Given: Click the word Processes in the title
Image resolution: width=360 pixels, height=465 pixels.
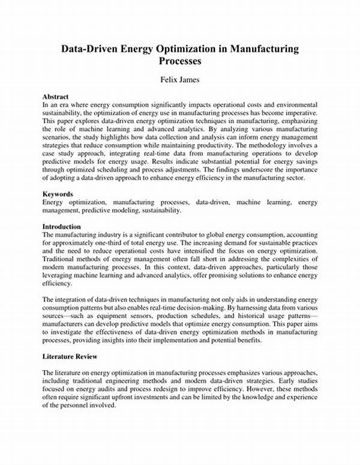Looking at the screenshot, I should point(180,61).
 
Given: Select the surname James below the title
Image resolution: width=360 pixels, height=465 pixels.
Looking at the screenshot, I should point(192,80).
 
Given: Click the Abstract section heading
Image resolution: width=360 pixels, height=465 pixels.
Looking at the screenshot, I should point(55,96).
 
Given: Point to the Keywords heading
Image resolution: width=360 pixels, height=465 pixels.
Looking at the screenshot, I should point(58,195).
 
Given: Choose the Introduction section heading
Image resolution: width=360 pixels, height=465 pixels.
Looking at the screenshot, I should point(62,227).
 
